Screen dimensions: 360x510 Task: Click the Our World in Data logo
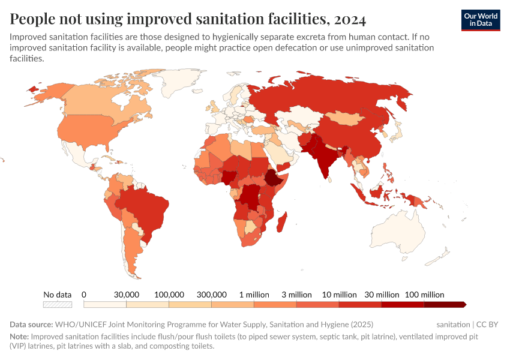pyautogui.click(x=480, y=20)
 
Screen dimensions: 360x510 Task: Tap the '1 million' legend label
pyautogui.click(x=254, y=295)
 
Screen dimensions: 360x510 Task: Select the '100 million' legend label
pyautogui.click(x=425, y=295)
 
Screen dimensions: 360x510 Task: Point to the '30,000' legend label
pyautogui.click(x=127, y=295)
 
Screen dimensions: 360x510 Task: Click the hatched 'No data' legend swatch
pyautogui.click(x=58, y=304)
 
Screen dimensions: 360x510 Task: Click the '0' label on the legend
pyautogui.click(x=84, y=295)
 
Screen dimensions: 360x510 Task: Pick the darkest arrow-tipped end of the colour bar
pyautogui.click(x=463, y=304)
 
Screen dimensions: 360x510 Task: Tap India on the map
pyautogui.click(x=326, y=160)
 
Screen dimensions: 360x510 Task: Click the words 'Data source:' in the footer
pyautogui.click(x=31, y=324)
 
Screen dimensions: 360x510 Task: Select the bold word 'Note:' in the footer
pyautogui.click(x=19, y=337)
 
